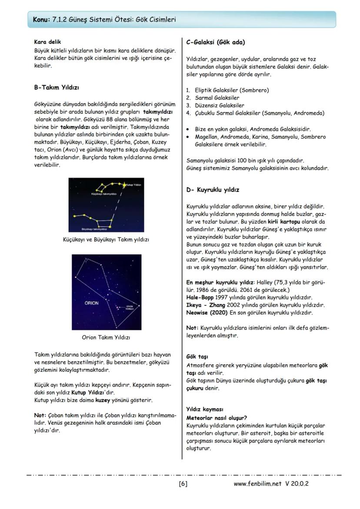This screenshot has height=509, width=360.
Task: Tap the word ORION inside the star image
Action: tap(91, 303)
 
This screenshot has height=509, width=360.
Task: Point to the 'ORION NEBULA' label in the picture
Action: tap(129, 307)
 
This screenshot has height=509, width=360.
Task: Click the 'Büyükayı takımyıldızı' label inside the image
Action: tap(94, 229)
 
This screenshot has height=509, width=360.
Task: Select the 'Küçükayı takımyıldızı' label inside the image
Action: tap(103, 193)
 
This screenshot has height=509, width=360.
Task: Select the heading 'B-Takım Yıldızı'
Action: tap(57, 87)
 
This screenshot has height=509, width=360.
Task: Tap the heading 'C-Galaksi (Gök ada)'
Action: tap(215, 43)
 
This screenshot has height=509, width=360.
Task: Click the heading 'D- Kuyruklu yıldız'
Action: tap(212, 190)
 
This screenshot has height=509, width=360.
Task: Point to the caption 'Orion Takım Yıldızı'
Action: tap(106, 337)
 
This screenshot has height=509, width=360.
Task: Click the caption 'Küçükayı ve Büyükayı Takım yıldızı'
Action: tap(106, 240)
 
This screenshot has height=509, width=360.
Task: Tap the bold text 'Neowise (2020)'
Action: tap(207, 313)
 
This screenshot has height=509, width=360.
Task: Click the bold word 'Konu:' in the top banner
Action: tap(41, 20)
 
